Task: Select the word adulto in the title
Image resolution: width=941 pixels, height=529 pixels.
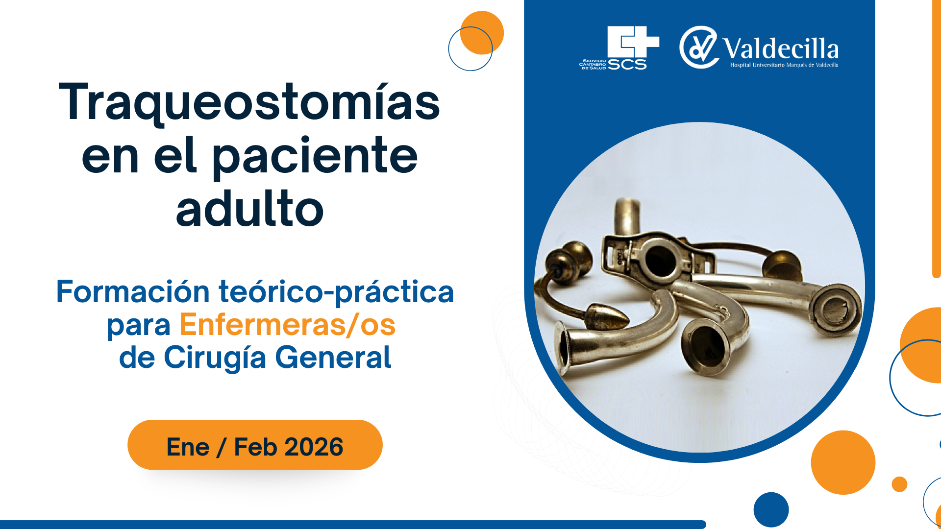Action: coord(250,209)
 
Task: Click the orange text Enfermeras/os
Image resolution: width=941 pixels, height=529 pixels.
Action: coord(288,325)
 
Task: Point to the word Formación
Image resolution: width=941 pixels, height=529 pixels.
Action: coord(133,292)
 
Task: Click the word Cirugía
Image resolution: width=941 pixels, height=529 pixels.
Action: coord(215,358)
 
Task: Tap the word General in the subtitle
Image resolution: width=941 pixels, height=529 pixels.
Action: coord(333,357)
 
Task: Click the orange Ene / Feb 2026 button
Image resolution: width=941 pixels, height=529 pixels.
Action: coord(255,445)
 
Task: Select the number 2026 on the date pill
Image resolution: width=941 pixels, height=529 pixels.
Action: coord(314,447)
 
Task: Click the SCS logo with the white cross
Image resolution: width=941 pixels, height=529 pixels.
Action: coord(619,48)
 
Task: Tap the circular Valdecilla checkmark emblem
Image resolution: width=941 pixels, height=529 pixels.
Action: coord(699,48)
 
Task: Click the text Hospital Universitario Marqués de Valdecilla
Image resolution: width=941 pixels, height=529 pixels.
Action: coord(784,65)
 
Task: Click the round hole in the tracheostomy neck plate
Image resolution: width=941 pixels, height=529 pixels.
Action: coord(660,260)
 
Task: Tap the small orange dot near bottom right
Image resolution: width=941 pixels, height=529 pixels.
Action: coord(899,484)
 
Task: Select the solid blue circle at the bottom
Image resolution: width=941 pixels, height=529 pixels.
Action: coord(771,510)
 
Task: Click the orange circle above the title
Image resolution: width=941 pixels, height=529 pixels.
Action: coord(482,33)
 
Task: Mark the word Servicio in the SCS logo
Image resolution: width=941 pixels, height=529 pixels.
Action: coord(594,61)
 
